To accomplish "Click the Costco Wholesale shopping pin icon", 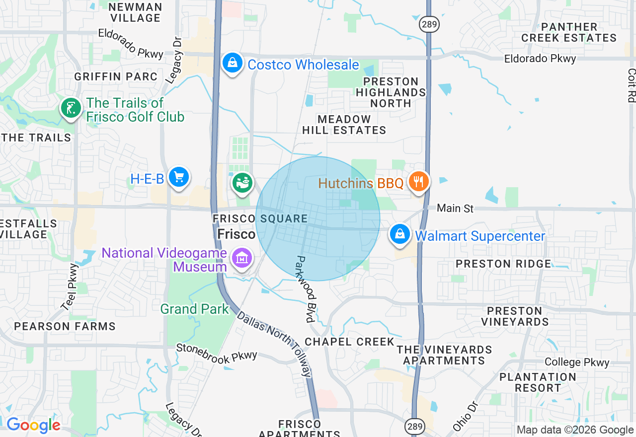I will (232, 63).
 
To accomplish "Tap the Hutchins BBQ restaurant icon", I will (419, 182).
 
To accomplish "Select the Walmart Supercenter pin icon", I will (400, 234).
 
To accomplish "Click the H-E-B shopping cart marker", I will (178, 177).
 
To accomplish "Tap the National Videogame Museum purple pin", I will (242, 258).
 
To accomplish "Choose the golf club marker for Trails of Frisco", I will (71, 108).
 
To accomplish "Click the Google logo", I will (33, 425).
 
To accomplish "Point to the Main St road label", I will (455, 208).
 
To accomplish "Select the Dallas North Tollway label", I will (274, 344).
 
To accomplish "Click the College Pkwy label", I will (576, 362).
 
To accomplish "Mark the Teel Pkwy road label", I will (70, 287).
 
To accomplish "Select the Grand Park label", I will (194, 309).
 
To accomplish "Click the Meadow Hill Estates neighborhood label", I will (344, 125).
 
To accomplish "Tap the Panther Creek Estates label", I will (569, 32).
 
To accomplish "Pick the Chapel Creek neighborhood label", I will (349, 342).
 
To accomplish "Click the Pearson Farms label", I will (65, 326).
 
